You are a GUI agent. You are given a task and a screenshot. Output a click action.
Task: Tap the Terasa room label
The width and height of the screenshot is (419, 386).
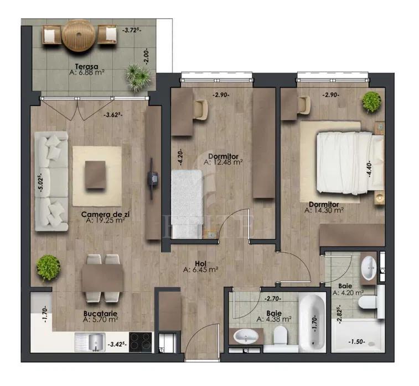point(86,66)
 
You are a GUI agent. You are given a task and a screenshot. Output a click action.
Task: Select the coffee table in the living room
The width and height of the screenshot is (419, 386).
point(95,175)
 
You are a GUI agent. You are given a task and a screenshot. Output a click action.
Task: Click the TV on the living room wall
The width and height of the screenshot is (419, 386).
point(152,178)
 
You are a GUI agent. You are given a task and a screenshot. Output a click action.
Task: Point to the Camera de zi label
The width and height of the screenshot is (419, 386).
point(103,214)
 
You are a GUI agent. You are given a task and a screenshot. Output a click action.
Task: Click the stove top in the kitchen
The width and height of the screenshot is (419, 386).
point(141,342)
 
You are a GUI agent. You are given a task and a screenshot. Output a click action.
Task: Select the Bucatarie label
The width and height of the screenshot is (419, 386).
point(100,314)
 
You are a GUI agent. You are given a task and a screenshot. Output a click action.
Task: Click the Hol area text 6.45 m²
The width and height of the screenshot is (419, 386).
point(201,270)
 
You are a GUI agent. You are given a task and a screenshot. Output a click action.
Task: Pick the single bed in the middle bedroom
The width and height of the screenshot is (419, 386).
point(187,204)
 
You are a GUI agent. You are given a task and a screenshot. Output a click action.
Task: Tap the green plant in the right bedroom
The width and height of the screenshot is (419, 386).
point(371,102)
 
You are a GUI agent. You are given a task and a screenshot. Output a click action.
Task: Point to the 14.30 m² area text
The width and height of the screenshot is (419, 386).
point(324,210)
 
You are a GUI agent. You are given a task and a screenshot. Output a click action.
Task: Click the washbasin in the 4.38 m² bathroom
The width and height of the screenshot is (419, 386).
point(246,336)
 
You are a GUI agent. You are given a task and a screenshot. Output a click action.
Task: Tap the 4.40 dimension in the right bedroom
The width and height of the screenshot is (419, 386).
point(369,168)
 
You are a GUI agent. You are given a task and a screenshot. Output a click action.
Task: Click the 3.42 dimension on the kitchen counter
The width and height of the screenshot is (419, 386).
point(117,344)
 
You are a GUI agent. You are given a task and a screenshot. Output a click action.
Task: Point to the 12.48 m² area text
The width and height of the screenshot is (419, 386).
point(223,162)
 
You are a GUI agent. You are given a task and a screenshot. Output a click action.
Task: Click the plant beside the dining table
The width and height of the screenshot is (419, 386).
point(48,268)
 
